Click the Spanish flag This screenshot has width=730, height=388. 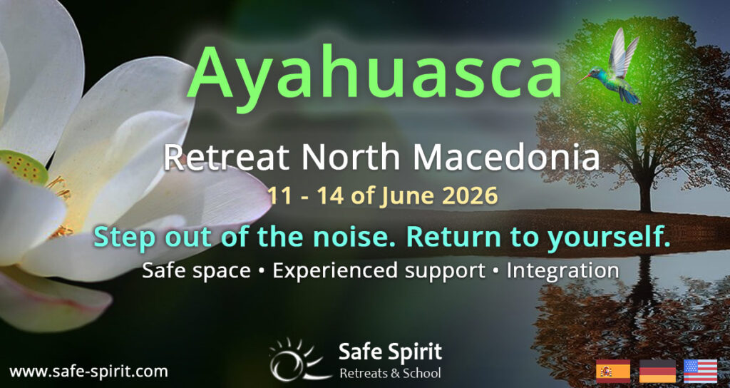click(x=612, y=371)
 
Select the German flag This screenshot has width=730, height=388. click(x=657, y=371)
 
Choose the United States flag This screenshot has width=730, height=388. click(x=700, y=371)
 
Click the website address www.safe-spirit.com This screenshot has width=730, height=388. click(x=88, y=371)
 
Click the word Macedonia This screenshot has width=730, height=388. click(x=509, y=158)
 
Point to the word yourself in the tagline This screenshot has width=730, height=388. click(x=609, y=238)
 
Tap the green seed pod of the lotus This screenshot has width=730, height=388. click(x=21, y=168)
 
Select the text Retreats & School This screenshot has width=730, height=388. click(x=390, y=373)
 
